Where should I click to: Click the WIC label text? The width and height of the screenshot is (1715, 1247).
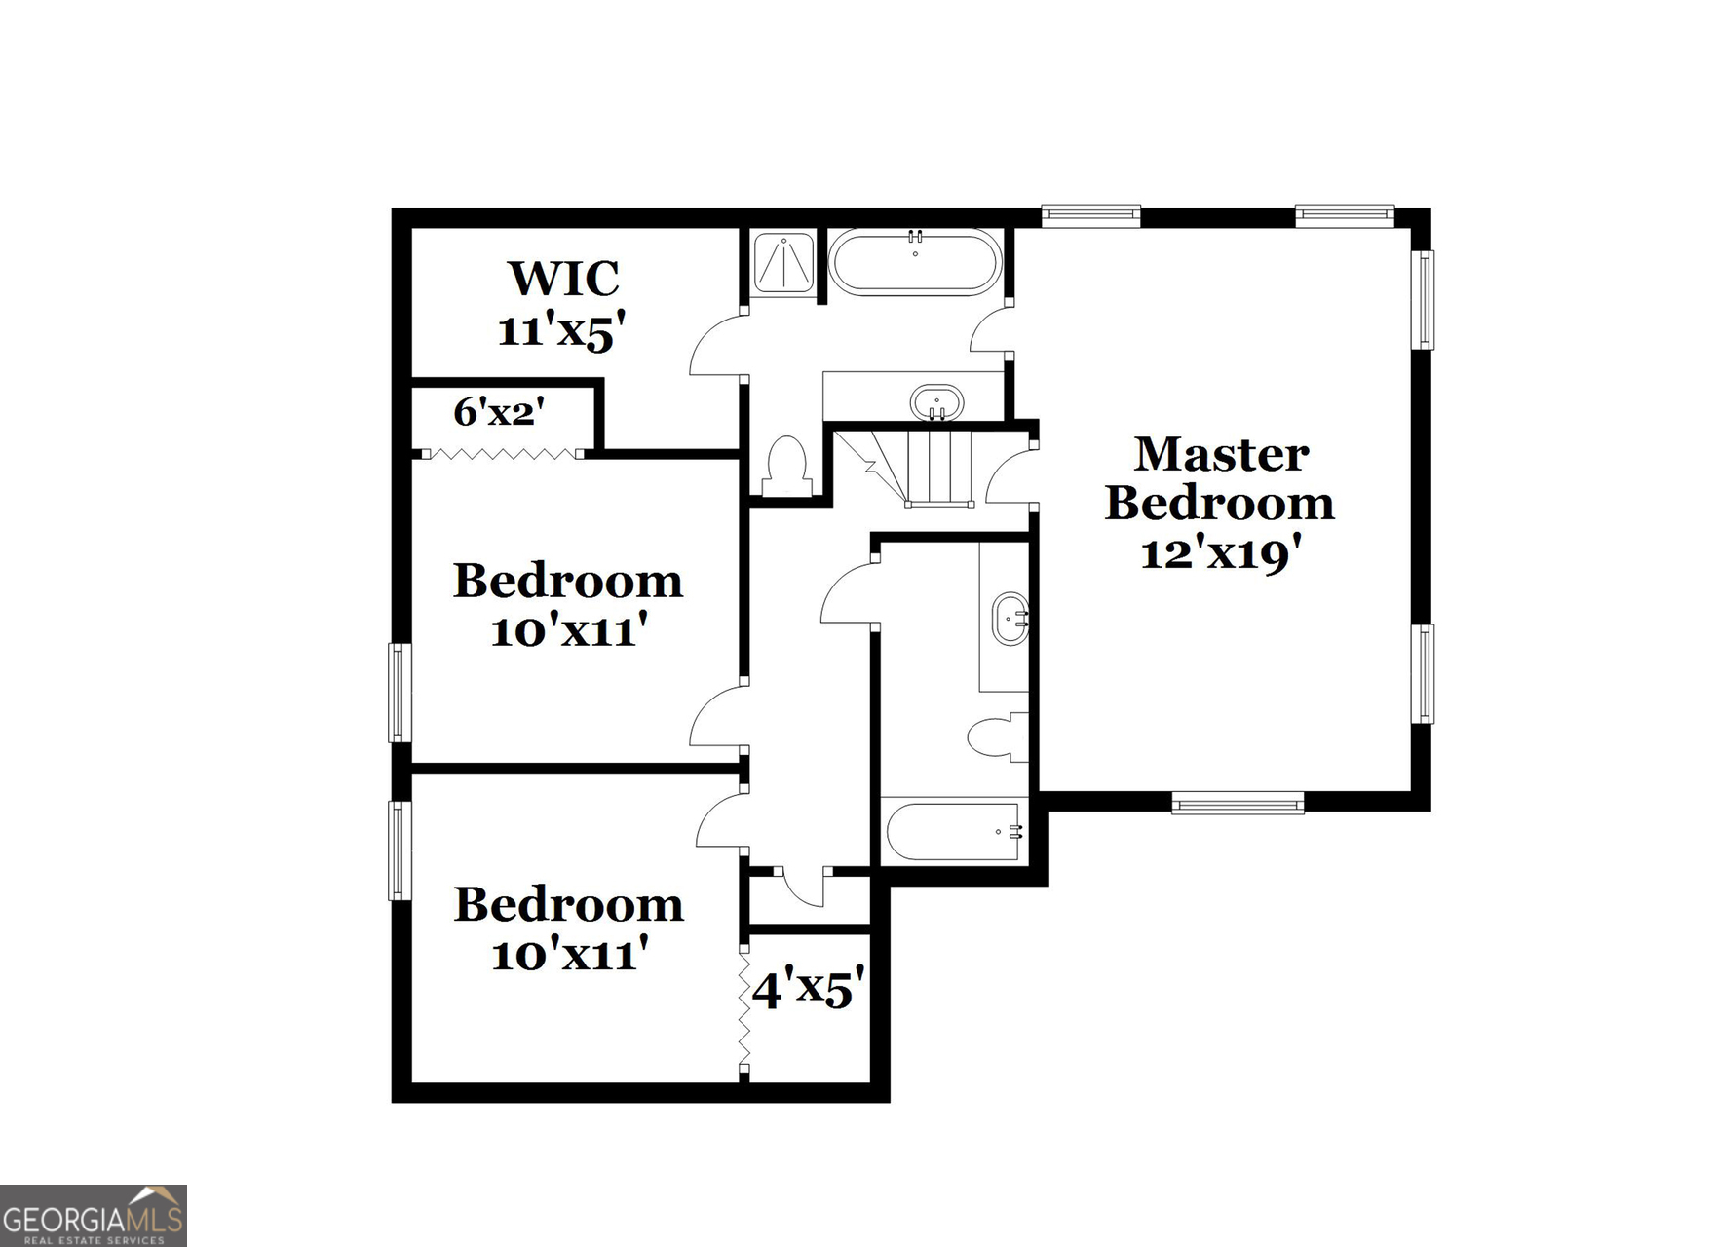563,279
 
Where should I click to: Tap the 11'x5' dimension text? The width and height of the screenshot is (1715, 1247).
560,331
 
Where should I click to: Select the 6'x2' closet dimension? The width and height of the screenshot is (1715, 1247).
498,412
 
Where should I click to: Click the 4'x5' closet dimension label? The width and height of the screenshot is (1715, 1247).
808,990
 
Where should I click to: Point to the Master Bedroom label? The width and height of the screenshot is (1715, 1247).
1219,478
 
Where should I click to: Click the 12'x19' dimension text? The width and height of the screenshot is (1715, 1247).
1221,554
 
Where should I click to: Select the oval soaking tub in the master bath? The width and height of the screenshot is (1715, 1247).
914,262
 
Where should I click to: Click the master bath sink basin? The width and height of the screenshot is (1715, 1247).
936,401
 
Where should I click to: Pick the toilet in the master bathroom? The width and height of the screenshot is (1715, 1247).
787,468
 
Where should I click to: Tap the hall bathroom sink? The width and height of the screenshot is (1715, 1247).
1010,619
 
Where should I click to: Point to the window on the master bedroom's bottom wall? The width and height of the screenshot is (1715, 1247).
1238,804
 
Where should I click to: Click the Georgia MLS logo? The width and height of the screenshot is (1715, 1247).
94,1215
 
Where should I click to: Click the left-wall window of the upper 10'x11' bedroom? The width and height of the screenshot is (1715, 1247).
400,692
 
